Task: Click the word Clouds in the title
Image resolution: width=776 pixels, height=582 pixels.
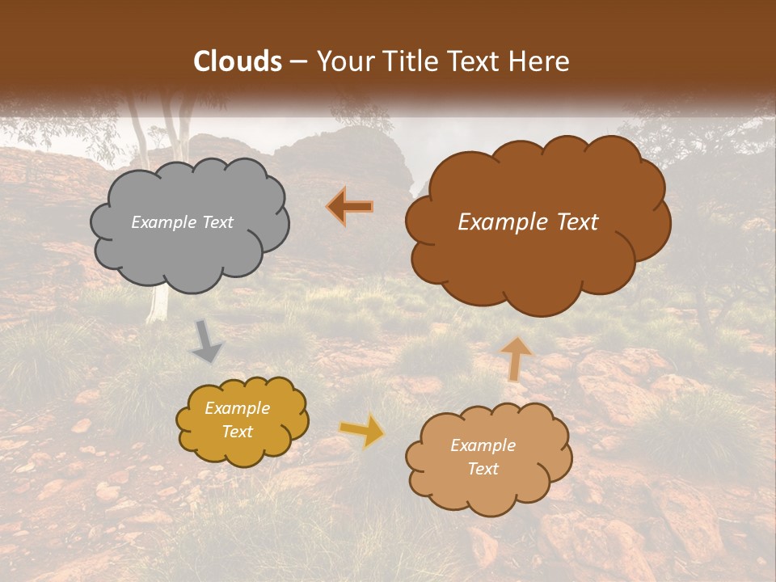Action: (238, 61)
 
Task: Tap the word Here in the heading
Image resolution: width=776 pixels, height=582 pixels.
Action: (539, 61)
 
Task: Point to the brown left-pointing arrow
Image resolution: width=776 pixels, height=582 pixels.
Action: (351, 208)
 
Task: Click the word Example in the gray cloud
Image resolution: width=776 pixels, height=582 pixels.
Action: (162, 222)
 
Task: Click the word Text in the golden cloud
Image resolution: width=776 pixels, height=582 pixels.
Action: (238, 432)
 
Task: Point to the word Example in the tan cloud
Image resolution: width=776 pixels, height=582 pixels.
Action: (483, 445)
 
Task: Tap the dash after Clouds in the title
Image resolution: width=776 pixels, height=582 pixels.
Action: (297, 62)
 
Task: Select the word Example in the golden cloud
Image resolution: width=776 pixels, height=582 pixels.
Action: (238, 408)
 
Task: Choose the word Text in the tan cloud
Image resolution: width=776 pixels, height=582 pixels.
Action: (483, 469)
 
